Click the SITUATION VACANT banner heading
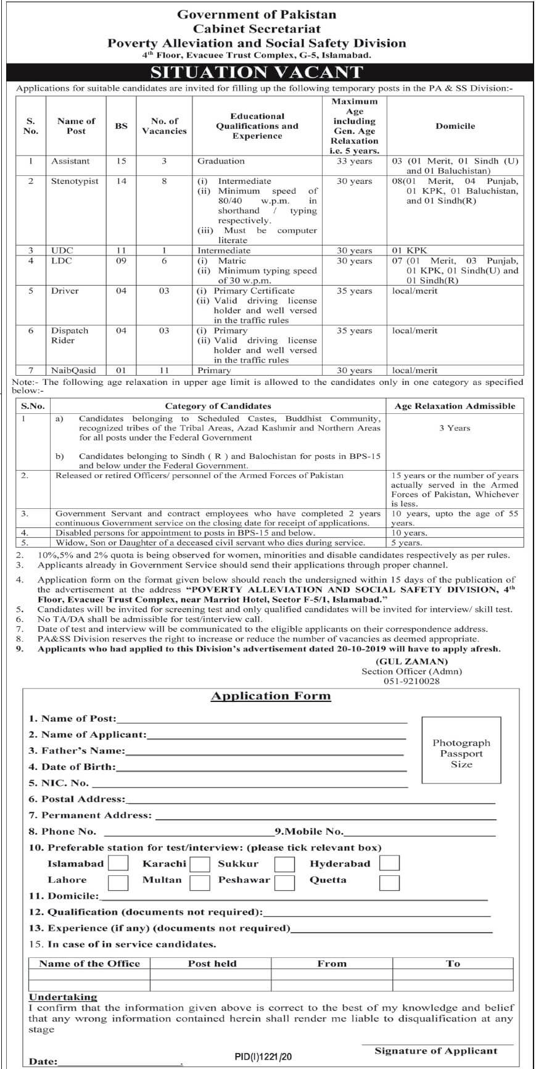[257, 72]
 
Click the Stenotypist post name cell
[75, 181]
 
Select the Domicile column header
[455, 126]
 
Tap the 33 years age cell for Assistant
[355, 161]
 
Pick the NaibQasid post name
[73, 371]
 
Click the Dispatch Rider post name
[70, 336]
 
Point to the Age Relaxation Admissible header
[455, 406]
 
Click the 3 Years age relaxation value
[455, 427]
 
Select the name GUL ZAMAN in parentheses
[411, 661]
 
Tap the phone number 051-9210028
[411, 681]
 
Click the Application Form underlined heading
[271, 696]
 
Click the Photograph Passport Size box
[461, 753]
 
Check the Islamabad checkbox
[118, 864]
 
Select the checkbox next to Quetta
[389, 882]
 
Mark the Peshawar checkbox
[284, 882]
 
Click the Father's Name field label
[77, 751]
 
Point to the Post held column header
[212, 964]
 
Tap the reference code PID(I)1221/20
[263, 1057]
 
